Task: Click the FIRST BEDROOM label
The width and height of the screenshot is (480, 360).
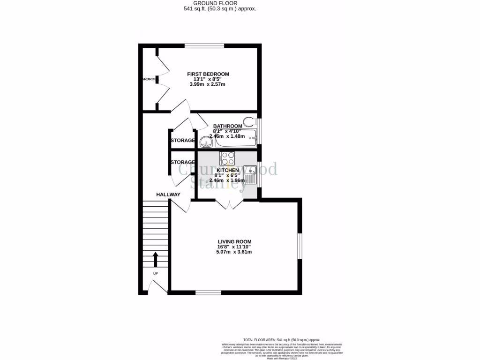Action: pyautogui.click(x=208, y=74)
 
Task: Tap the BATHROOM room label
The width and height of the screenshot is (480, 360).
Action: pyautogui.click(x=227, y=126)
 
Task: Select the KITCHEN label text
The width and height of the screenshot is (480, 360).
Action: pyautogui.click(x=228, y=170)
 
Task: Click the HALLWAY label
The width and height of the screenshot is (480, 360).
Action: pyautogui.click(x=168, y=195)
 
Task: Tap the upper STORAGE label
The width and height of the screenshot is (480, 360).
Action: pyautogui.click(x=182, y=141)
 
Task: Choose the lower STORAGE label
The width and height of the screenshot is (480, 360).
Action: pyautogui.click(x=182, y=162)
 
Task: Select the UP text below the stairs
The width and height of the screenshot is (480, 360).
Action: pyautogui.click(x=155, y=273)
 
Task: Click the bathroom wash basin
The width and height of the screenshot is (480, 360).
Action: pyautogui.click(x=205, y=142)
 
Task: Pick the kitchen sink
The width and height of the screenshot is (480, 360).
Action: pyautogui.click(x=251, y=176)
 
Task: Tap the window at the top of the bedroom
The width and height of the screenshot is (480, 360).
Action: pyautogui.click(x=204, y=45)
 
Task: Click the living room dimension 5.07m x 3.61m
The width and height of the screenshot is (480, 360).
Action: pyautogui.click(x=234, y=252)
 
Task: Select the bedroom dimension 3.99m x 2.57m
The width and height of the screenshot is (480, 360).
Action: pyautogui.click(x=208, y=84)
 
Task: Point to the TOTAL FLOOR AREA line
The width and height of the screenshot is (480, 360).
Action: pyautogui.click(x=281, y=340)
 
